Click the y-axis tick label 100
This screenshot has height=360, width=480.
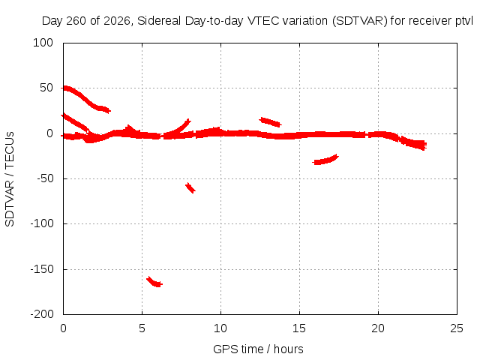43,43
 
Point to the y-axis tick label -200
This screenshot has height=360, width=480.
42,313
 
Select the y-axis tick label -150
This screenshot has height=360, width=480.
42,269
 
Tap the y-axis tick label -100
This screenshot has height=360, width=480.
42,223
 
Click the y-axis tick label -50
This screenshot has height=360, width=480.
45,178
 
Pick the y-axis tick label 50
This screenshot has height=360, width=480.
46,88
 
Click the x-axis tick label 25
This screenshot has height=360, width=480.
457,328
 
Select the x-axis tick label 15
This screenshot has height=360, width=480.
299,328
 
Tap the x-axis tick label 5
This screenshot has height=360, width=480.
142,328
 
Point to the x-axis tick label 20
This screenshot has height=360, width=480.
378,328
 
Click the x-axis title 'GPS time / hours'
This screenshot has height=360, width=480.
258,349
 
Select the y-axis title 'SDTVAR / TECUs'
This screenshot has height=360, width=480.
10,179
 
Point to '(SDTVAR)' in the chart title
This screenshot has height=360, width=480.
360,21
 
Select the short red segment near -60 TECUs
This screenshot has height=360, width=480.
190,187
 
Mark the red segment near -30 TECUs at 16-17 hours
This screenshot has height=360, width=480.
325,160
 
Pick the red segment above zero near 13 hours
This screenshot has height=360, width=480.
270,121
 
